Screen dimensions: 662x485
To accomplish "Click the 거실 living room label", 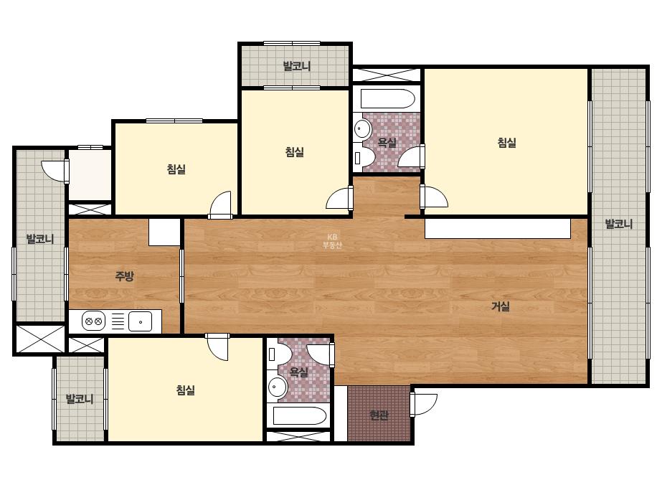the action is click(500, 306).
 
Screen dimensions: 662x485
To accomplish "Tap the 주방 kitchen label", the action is click(125, 276).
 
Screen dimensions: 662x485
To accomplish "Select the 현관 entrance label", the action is click(379, 415).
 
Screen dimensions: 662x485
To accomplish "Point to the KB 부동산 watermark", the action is click(332, 241).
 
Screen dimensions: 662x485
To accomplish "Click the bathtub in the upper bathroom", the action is click(388, 99).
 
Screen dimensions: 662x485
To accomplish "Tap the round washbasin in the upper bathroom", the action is click(363, 128).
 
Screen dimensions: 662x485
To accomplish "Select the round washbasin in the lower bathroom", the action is click(278, 387).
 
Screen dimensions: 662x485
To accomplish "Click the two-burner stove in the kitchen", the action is click(93, 321).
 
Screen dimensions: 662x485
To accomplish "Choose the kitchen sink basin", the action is click(140, 321).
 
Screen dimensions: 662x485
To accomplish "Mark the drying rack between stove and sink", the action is click(118, 321).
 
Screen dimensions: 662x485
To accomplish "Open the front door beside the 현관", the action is click(423, 405).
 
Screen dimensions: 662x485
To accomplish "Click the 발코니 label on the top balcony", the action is click(297, 66).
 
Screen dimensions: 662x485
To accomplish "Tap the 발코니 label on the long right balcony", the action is click(619, 224).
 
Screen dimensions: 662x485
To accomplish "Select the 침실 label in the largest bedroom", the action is click(506, 142).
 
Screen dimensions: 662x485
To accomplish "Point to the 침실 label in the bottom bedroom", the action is click(185, 390).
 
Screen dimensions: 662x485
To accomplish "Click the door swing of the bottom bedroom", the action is click(217, 347).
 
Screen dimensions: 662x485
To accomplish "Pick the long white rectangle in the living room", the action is click(498, 229).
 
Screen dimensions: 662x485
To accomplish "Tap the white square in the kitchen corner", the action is click(165, 232).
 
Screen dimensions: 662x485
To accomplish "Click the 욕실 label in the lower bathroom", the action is click(298, 372).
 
